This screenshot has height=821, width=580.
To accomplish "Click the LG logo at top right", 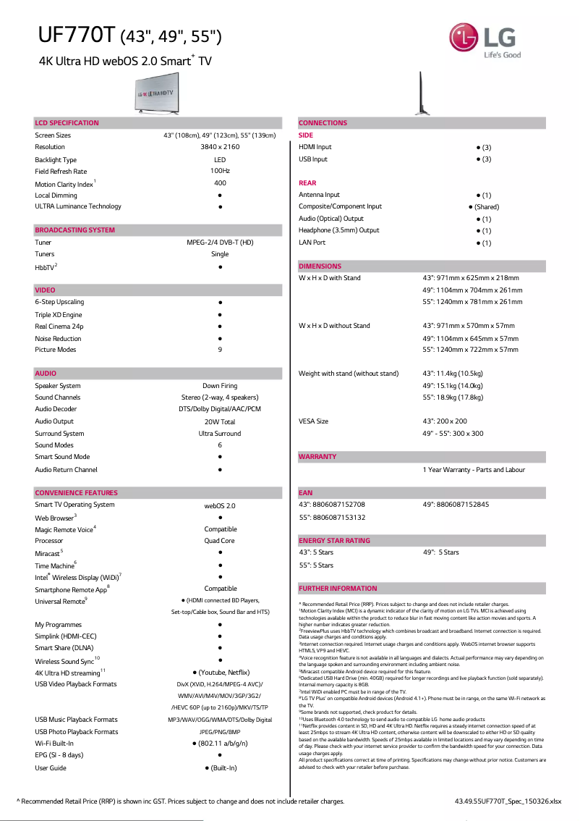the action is pyautogui.click(x=484, y=41).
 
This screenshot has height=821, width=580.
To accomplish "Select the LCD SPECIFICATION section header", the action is pyautogui.click(x=67, y=123).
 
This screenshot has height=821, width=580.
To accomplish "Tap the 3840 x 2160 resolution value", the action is pyautogui.click(x=220, y=147).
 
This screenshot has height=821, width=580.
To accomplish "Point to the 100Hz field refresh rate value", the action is pyautogui.click(x=220, y=172).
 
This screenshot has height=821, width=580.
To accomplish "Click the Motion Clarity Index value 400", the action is pyautogui.click(x=220, y=184).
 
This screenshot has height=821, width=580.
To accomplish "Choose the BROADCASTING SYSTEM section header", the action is pyautogui.click(x=74, y=230).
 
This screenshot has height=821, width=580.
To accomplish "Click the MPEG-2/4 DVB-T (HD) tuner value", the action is pyautogui.click(x=220, y=243).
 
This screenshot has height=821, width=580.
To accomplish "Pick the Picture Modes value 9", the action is pyautogui.click(x=220, y=350).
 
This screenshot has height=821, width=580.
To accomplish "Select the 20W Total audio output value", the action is pyautogui.click(x=220, y=421).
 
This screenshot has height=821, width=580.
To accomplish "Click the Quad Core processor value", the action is pyautogui.click(x=220, y=541).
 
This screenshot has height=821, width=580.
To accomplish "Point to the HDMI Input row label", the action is pyautogui.click(x=315, y=147).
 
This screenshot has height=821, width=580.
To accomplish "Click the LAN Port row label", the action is pyautogui.click(x=312, y=243).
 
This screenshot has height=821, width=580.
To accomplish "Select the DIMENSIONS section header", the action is pyautogui.click(x=320, y=266).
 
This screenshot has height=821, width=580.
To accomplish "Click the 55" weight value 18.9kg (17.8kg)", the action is pyautogui.click(x=453, y=397).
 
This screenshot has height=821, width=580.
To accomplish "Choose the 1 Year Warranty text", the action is pyautogui.click(x=474, y=470).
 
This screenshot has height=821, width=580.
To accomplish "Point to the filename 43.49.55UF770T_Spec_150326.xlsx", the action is pyautogui.click(x=508, y=801).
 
